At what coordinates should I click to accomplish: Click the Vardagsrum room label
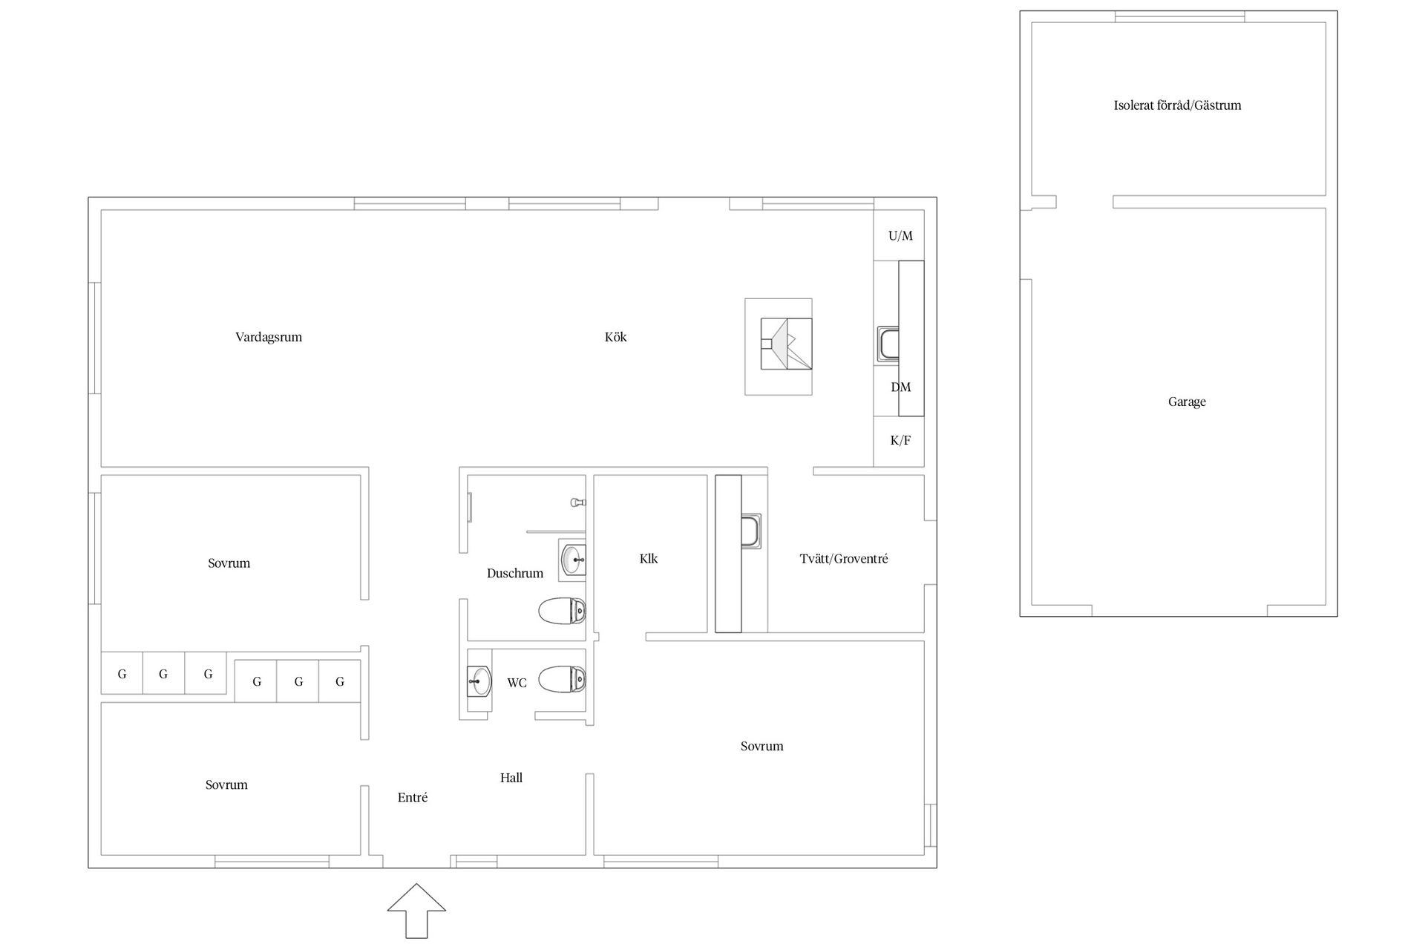(269, 338)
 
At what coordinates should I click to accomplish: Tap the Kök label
(615, 337)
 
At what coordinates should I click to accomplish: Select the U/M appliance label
(900, 236)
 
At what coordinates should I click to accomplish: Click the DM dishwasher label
(900, 387)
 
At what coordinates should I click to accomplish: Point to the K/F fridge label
(900, 441)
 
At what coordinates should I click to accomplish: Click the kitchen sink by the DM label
(888, 344)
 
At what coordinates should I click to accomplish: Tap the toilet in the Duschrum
(562, 612)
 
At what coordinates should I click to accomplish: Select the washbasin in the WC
(479, 680)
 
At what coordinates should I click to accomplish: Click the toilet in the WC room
(562, 679)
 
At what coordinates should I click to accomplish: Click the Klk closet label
(649, 559)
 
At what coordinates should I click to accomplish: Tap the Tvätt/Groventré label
(844, 559)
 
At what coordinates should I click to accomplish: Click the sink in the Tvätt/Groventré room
(752, 531)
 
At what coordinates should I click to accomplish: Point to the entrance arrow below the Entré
(416, 911)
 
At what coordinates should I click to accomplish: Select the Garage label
(1187, 402)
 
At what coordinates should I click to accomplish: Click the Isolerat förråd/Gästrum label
(1177, 105)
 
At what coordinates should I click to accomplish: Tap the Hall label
(511, 778)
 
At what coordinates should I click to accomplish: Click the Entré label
(413, 798)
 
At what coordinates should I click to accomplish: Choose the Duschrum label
(515, 573)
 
